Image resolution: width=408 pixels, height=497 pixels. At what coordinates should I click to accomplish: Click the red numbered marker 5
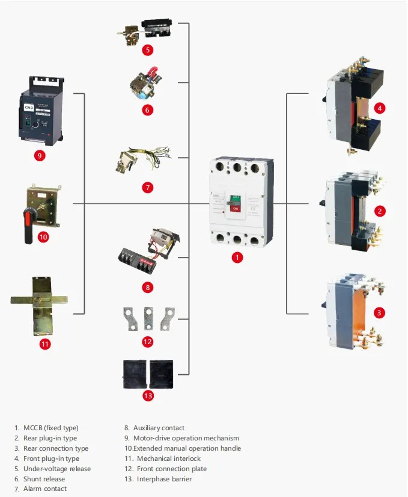147,50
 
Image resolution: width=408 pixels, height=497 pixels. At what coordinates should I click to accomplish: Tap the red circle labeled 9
40,155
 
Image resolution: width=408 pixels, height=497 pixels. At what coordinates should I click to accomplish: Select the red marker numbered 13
148,395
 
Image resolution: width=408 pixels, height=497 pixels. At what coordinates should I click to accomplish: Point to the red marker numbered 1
237,258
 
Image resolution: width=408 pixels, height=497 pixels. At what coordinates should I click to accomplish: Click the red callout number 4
380,108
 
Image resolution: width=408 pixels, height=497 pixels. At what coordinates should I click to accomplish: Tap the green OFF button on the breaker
235,199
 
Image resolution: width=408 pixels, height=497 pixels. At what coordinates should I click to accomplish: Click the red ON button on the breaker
235,209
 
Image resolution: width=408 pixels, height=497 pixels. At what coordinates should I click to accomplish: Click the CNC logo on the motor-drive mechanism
29,108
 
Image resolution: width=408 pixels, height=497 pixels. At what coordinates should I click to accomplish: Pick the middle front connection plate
148,318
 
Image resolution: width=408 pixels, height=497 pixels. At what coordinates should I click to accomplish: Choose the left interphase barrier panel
135,374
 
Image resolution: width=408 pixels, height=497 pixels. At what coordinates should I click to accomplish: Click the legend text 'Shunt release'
44,478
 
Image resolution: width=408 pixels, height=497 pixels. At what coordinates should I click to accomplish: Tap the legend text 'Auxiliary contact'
159,428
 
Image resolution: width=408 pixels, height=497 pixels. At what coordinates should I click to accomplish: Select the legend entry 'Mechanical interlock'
169,458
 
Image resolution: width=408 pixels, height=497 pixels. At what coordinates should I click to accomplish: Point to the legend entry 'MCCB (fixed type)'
50,428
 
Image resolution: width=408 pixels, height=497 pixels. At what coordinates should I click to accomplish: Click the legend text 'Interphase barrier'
164,478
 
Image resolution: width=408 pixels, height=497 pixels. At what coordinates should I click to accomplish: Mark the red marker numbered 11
45,344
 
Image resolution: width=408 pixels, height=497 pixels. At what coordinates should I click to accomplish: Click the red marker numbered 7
147,188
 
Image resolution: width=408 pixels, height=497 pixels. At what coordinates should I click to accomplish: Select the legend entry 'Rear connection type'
56,448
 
